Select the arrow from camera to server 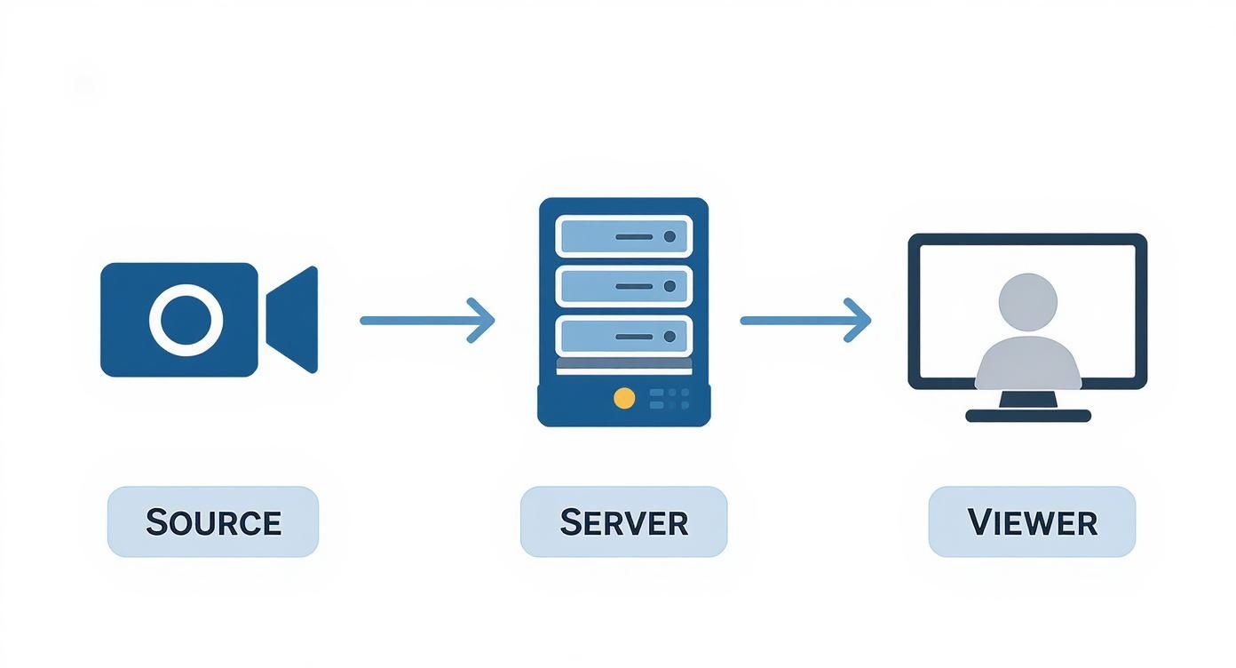pyautogui.click(x=426, y=320)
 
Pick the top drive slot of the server pyautogui.click(x=623, y=237)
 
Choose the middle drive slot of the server pyautogui.click(x=623, y=286)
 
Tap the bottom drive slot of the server pyautogui.click(x=623, y=336)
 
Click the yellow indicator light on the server pyautogui.click(x=624, y=398)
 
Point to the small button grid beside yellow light pyautogui.click(x=670, y=398)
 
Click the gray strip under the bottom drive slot pyautogui.click(x=623, y=364)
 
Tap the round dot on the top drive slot pyautogui.click(x=669, y=237)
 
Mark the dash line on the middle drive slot pyautogui.click(x=634, y=286)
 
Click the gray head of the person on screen pyautogui.click(x=1027, y=302)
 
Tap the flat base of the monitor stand pyautogui.click(x=1027, y=416)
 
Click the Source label pyautogui.click(x=213, y=522)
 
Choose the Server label pyautogui.click(x=623, y=522)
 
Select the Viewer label pyautogui.click(x=1032, y=522)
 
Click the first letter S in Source pyautogui.click(x=157, y=521)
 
